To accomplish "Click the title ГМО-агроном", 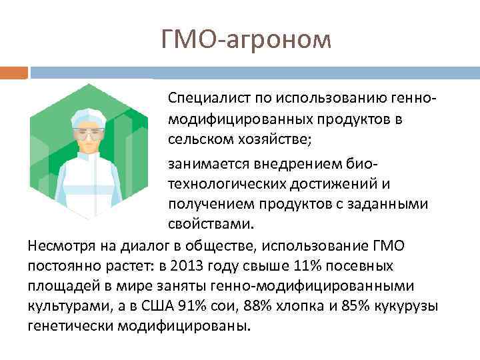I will (246, 39).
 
